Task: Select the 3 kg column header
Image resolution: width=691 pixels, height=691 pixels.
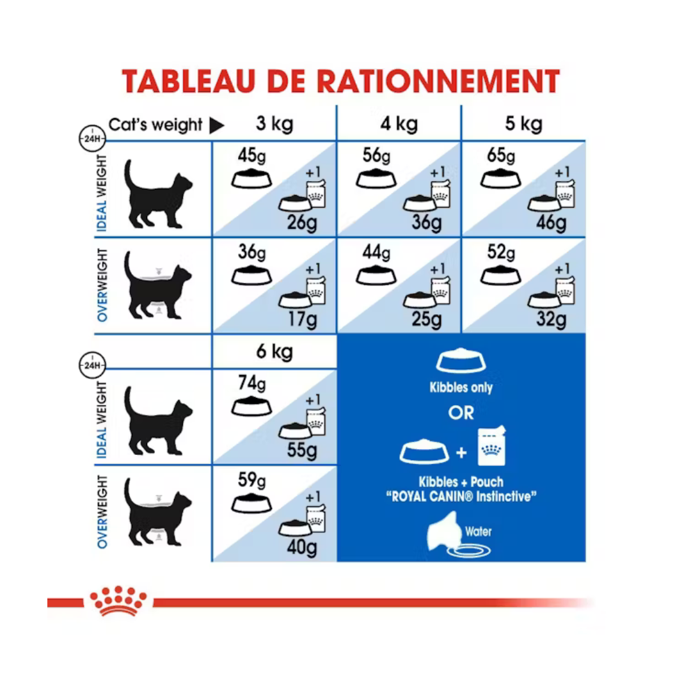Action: [x=274, y=123]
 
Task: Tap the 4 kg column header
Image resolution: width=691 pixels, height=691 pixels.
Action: [x=399, y=123]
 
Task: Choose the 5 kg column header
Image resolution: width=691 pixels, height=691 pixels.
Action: [x=523, y=123]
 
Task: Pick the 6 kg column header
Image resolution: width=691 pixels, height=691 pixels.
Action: [x=274, y=352]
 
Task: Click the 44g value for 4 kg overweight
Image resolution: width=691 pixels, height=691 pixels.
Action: [x=376, y=253]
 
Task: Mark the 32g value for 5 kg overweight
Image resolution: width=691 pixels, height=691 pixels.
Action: [x=551, y=318]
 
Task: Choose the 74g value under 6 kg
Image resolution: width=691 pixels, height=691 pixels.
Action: [x=251, y=385]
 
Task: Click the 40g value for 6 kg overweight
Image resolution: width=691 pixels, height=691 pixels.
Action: [x=302, y=547]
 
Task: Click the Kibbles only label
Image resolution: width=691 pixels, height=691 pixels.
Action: [x=461, y=388]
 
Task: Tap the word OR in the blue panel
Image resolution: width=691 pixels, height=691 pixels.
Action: [x=461, y=413]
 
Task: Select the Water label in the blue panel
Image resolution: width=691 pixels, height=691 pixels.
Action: [x=479, y=531]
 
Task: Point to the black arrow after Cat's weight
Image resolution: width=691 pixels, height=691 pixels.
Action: [x=217, y=126]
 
